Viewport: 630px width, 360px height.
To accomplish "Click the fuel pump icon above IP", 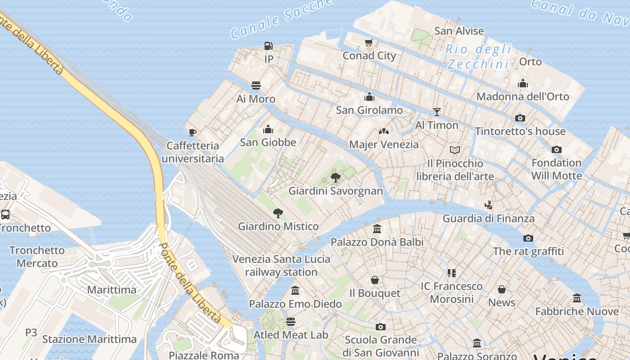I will (x=268, y=45).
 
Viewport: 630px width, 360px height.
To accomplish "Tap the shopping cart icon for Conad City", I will (x=369, y=42).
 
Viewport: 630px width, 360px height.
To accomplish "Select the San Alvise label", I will (x=459, y=31).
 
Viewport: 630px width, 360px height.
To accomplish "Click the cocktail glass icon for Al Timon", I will (x=436, y=112).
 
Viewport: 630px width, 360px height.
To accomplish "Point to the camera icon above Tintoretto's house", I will (x=520, y=118).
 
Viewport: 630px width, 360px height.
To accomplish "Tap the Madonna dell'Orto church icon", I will (x=522, y=83).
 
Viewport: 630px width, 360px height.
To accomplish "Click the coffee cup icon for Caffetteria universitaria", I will (x=193, y=132).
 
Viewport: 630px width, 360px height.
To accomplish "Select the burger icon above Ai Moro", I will (x=256, y=85).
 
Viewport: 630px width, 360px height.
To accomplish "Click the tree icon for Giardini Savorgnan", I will (x=335, y=177).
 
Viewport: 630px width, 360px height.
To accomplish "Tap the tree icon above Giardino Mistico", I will (x=278, y=213).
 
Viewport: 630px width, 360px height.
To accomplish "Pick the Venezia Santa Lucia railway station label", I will (x=281, y=265).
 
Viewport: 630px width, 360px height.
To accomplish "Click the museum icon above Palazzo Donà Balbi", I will (x=377, y=229).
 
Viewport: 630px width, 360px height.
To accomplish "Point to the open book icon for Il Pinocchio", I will (x=455, y=150).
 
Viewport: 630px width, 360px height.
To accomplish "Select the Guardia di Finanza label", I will (x=489, y=219).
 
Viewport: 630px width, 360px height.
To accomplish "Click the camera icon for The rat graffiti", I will (x=528, y=238).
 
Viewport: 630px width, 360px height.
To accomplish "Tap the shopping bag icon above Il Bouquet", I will (x=374, y=280).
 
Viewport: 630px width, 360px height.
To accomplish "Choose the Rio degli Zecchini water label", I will (x=479, y=57).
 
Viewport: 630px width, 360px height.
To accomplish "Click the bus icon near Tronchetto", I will (x=5, y=214).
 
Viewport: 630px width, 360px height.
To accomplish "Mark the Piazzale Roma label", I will (x=204, y=355).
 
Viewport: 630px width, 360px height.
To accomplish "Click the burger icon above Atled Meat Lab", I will (x=291, y=322).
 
